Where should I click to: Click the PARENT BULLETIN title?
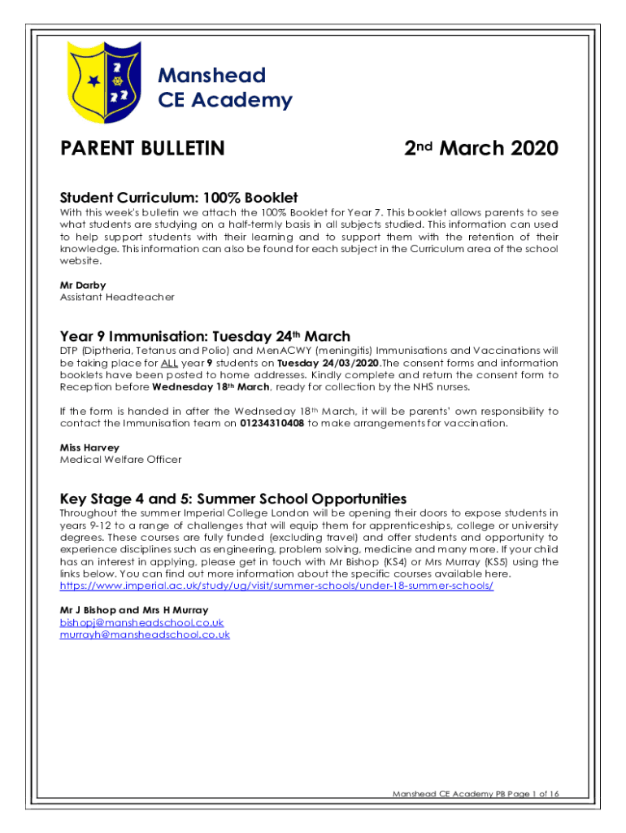coord(142,149)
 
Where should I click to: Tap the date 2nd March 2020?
coord(481,149)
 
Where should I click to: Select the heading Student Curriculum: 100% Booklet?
coord(179,198)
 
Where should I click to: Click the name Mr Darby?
coord(77,286)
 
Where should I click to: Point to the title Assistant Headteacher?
coord(117,297)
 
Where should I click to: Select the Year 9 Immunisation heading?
coord(205,336)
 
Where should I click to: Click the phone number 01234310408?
coord(272,424)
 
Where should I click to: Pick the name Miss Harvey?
coord(89,447)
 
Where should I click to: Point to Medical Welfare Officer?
coord(120,460)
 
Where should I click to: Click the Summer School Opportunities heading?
coord(233,499)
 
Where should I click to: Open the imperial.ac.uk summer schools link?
coord(276,586)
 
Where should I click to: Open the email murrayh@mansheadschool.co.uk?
coord(145,635)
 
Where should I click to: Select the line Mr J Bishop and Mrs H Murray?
coord(134,610)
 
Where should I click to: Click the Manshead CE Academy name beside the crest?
coord(224,88)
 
